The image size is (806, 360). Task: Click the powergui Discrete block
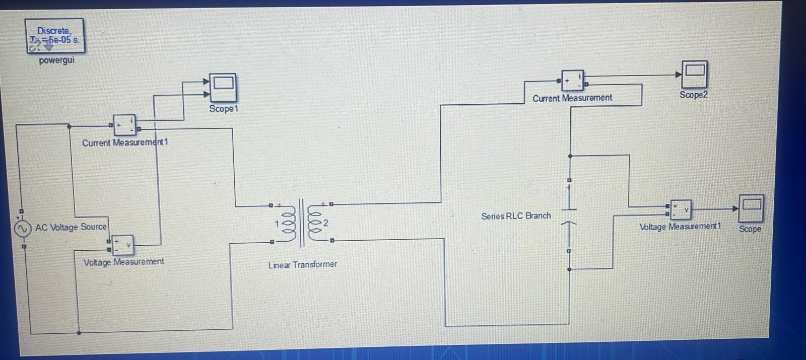pos(55,36)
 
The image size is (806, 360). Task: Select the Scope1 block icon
pos(223,88)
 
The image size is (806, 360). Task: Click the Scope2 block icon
pos(695,74)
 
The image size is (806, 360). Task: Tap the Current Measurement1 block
pos(124,125)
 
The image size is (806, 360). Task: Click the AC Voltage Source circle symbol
pos(22,229)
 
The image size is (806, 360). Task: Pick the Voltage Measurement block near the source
pos(122,245)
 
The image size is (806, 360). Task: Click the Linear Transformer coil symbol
pos(302,223)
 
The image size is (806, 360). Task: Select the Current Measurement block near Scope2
pos(573,81)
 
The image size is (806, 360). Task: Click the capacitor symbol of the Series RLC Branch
pos(569,215)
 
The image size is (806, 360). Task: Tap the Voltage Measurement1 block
pos(681,209)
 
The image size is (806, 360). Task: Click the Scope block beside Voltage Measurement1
pos(751,208)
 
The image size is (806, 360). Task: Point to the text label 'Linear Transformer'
pos(302,264)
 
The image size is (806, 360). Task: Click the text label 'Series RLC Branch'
pos(516,216)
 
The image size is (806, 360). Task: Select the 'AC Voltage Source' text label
pos(71,227)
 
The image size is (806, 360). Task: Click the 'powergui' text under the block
pos(56,60)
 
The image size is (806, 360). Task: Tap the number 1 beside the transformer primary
pos(277,224)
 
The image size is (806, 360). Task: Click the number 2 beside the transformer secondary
pos(326,223)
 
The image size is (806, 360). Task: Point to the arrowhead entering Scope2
pos(679,75)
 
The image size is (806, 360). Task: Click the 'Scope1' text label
pos(224,109)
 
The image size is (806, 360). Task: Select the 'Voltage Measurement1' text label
pos(680,227)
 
